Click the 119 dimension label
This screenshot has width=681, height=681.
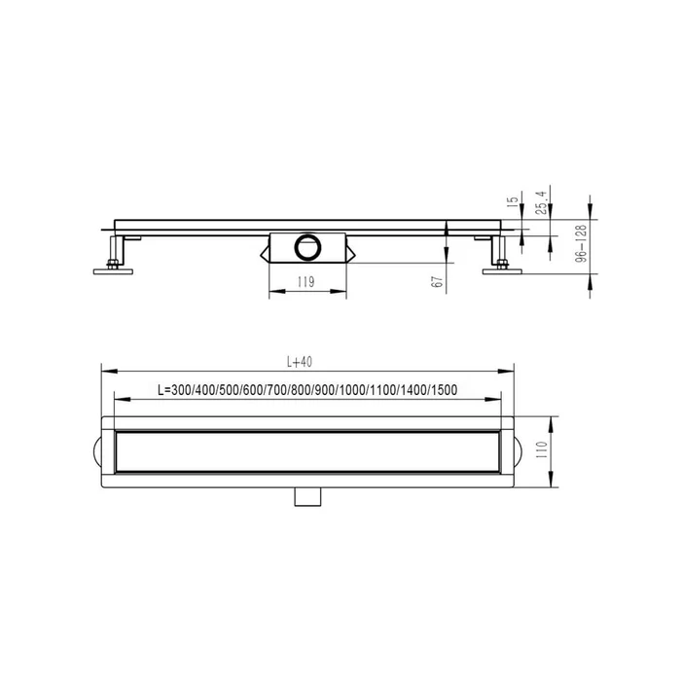coord(305,282)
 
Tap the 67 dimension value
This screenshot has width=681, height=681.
coord(438,282)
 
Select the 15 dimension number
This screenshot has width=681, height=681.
coord(513,200)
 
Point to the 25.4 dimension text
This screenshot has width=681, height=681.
coord(541,202)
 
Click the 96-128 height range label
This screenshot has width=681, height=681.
coord(581,243)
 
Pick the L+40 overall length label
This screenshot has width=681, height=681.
coord(300,362)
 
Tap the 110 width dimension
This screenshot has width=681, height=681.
coord(542,451)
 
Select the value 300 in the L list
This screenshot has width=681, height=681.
coord(181,390)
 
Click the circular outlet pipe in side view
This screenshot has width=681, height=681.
coord(307,247)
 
